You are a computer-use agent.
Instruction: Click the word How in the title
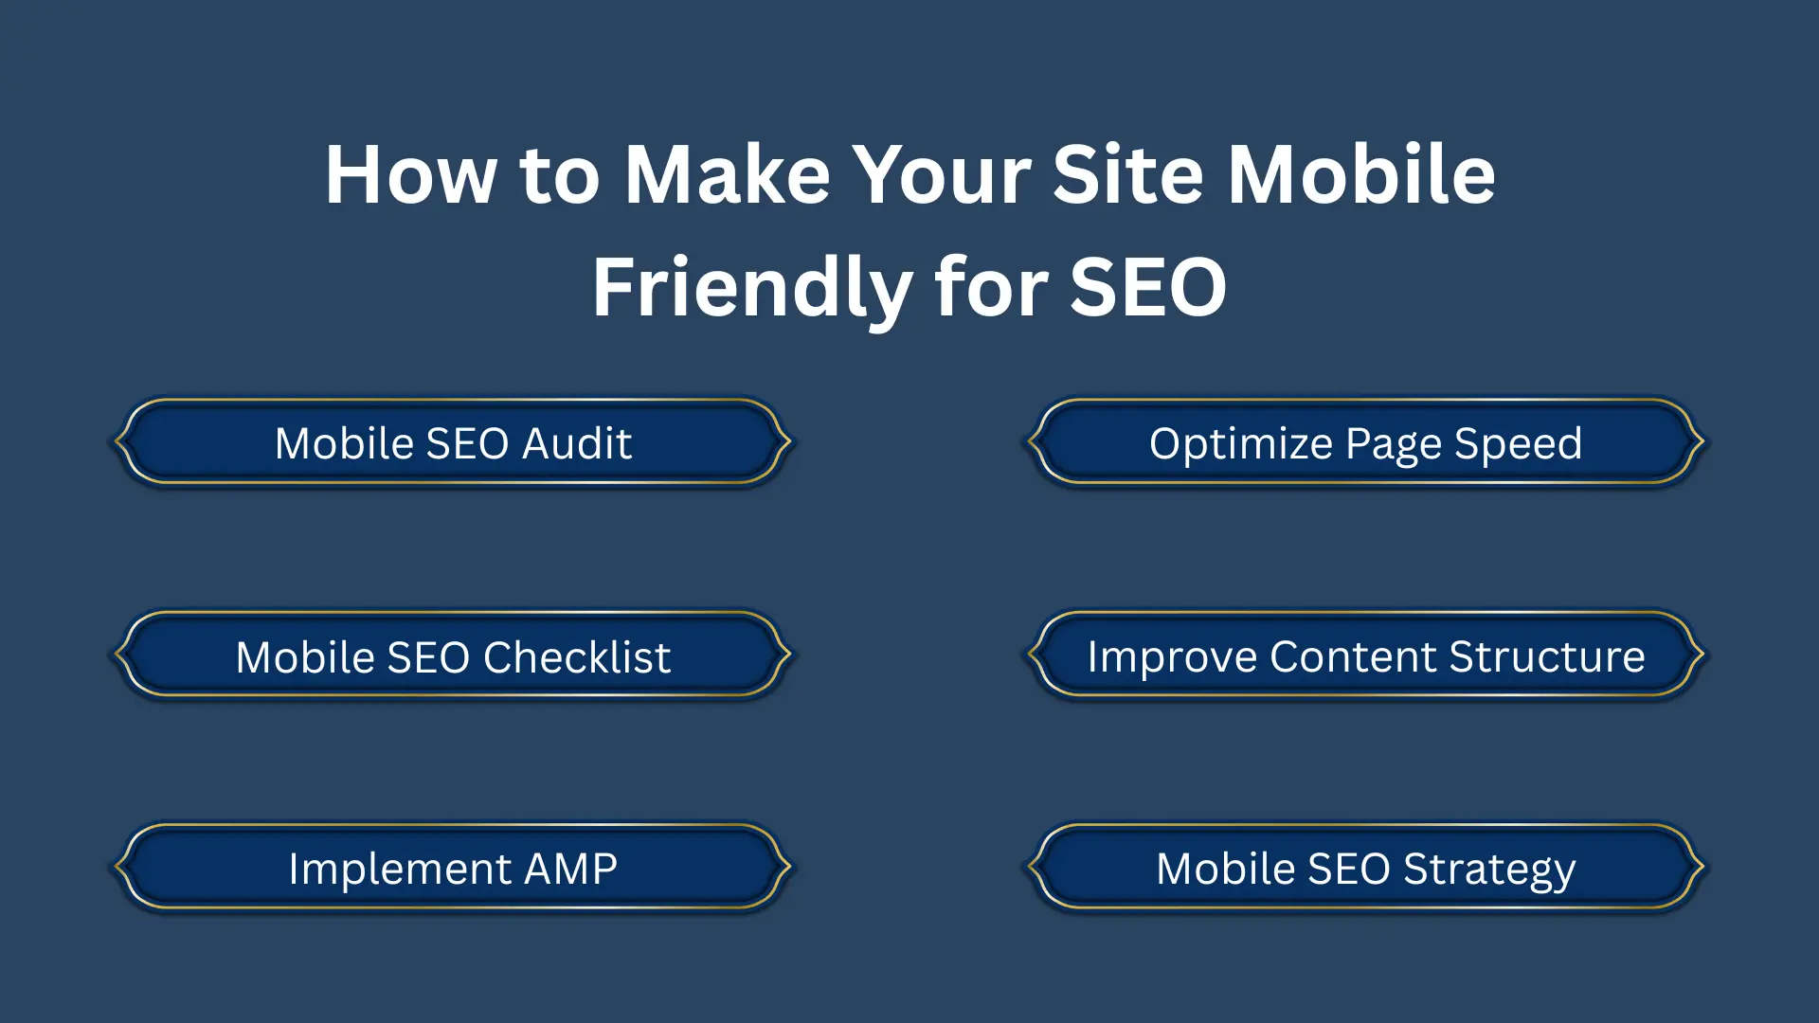click(410, 175)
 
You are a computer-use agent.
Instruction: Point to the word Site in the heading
click(1128, 175)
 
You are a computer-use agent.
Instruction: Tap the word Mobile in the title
click(1361, 175)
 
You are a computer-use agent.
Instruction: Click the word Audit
click(577, 443)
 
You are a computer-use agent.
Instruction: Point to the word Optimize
click(1240, 443)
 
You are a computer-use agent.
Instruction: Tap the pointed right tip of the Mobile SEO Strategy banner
click(1702, 866)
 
